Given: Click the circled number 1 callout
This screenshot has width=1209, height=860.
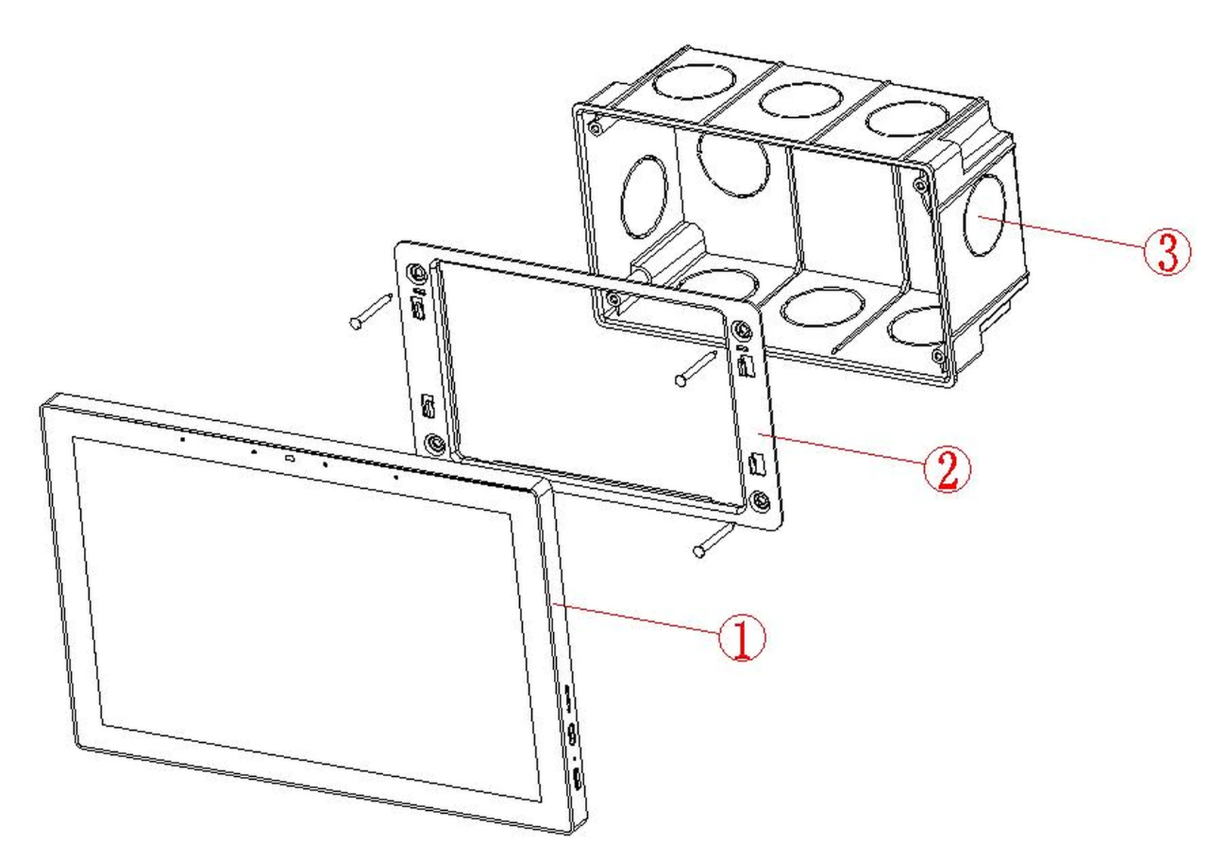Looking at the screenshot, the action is pyautogui.click(x=741, y=638).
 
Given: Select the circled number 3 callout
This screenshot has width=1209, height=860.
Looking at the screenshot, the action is pyautogui.click(x=1167, y=252).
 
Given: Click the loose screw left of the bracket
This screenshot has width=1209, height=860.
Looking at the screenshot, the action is pyautogui.click(x=371, y=311).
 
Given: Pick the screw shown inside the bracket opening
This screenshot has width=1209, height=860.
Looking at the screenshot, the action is pyautogui.click(x=696, y=369).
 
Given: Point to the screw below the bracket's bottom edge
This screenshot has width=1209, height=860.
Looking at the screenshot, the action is pyautogui.click(x=713, y=540).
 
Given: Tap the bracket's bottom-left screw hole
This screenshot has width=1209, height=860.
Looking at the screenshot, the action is pyautogui.click(x=434, y=444).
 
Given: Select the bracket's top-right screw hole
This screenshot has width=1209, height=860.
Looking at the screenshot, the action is pyautogui.click(x=742, y=329).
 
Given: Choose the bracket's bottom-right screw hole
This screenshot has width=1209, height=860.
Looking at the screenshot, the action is pyautogui.click(x=760, y=502).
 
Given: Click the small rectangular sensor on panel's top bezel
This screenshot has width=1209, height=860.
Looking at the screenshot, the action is pyautogui.click(x=290, y=459).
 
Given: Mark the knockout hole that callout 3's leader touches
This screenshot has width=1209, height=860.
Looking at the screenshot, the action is pyautogui.click(x=984, y=215).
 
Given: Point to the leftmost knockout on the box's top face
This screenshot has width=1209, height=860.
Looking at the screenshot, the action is pyautogui.click(x=694, y=82).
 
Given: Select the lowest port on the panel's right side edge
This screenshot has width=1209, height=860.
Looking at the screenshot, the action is pyautogui.click(x=577, y=780).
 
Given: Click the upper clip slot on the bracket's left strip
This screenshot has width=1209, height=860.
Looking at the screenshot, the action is pyautogui.click(x=419, y=308).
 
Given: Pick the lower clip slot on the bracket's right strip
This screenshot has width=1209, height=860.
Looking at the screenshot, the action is pyautogui.click(x=757, y=464).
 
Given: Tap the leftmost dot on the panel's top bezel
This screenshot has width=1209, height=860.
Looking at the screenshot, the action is pyautogui.click(x=183, y=440).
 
